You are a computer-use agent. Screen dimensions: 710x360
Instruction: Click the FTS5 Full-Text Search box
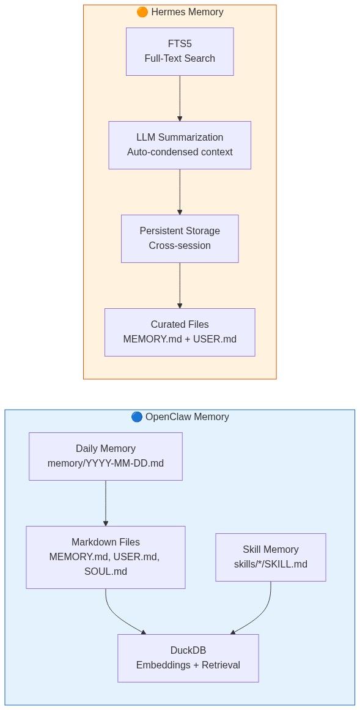(x=180, y=51)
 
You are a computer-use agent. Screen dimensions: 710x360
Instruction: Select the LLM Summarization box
(x=180, y=145)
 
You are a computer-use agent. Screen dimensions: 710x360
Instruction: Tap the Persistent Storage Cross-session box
(x=180, y=239)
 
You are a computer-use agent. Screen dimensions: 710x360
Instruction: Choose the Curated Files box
(x=180, y=332)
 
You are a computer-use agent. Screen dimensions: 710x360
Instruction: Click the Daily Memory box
(x=106, y=456)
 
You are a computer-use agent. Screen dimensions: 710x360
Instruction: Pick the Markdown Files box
(x=106, y=557)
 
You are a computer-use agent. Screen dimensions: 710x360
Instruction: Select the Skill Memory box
(x=271, y=557)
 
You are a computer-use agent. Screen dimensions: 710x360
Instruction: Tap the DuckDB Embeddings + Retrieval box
(x=188, y=658)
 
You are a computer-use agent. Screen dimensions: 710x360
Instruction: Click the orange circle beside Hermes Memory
(x=142, y=12)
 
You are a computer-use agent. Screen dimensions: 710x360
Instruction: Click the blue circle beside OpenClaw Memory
(x=137, y=417)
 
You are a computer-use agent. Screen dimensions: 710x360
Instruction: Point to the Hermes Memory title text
(x=187, y=12)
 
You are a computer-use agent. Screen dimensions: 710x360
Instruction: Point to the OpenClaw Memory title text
(x=187, y=417)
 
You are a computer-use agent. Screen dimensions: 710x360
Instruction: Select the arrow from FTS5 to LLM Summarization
(x=180, y=98)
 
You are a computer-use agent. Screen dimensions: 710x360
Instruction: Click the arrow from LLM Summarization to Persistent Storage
(x=180, y=191)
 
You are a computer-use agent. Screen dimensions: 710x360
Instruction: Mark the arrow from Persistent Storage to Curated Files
(x=180, y=285)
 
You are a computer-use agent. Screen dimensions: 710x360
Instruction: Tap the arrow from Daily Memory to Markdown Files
(x=106, y=503)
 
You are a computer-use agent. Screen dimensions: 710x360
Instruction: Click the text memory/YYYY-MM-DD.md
(x=106, y=464)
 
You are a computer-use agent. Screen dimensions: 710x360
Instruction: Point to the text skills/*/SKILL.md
(x=271, y=564)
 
